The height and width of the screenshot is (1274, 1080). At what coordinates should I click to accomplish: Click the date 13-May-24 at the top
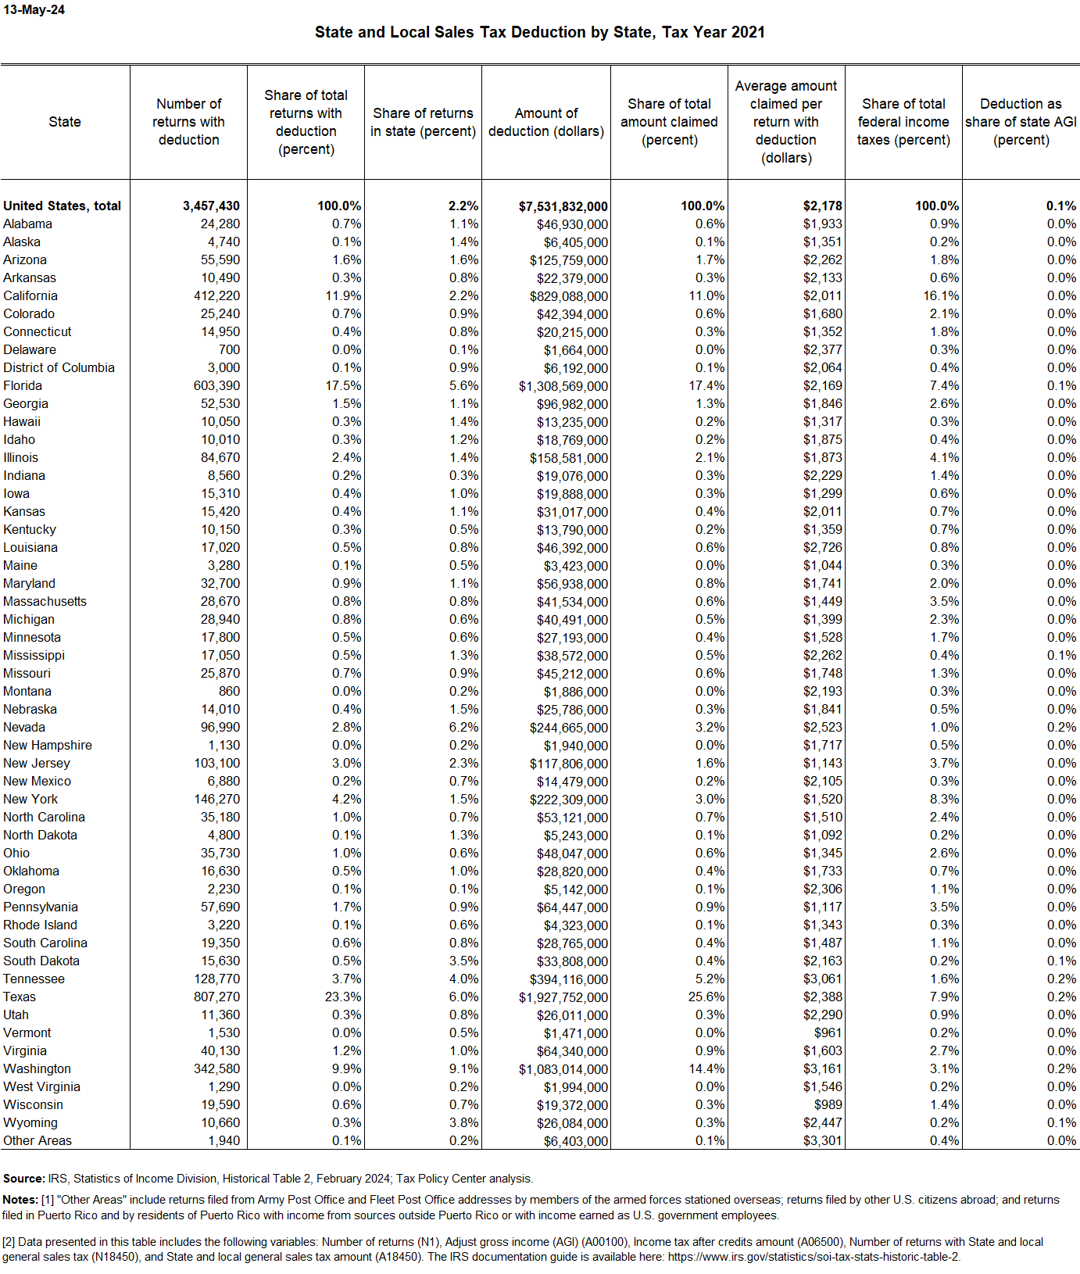click(34, 10)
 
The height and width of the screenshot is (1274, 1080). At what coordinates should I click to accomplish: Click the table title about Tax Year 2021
click(539, 32)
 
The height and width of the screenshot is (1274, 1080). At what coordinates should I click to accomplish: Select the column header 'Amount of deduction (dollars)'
click(546, 122)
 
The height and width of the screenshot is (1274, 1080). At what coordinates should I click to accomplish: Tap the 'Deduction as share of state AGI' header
click(1021, 122)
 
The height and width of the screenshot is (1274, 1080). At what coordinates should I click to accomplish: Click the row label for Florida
click(23, 385)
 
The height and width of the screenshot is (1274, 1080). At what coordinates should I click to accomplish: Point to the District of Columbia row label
click(59, 367)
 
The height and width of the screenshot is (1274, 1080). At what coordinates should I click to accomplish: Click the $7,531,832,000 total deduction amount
click(563, 206)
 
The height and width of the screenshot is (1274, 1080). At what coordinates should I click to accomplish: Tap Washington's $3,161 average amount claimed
click(823, 1068)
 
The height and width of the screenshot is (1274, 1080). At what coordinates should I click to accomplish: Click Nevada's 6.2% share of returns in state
click(464, 727)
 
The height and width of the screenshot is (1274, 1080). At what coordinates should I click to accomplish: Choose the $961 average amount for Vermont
click(828, 1032)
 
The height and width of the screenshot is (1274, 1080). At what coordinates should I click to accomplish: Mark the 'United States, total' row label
click(62, 206)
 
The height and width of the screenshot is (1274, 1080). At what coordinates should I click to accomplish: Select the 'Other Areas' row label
click(38, 1140)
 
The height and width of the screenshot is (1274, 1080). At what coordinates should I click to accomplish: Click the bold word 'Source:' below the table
click(23, 1179)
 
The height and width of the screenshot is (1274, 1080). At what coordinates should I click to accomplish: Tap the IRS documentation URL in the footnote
click(813, 1257)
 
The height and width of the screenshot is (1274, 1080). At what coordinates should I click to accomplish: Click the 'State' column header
click(65, 122)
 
